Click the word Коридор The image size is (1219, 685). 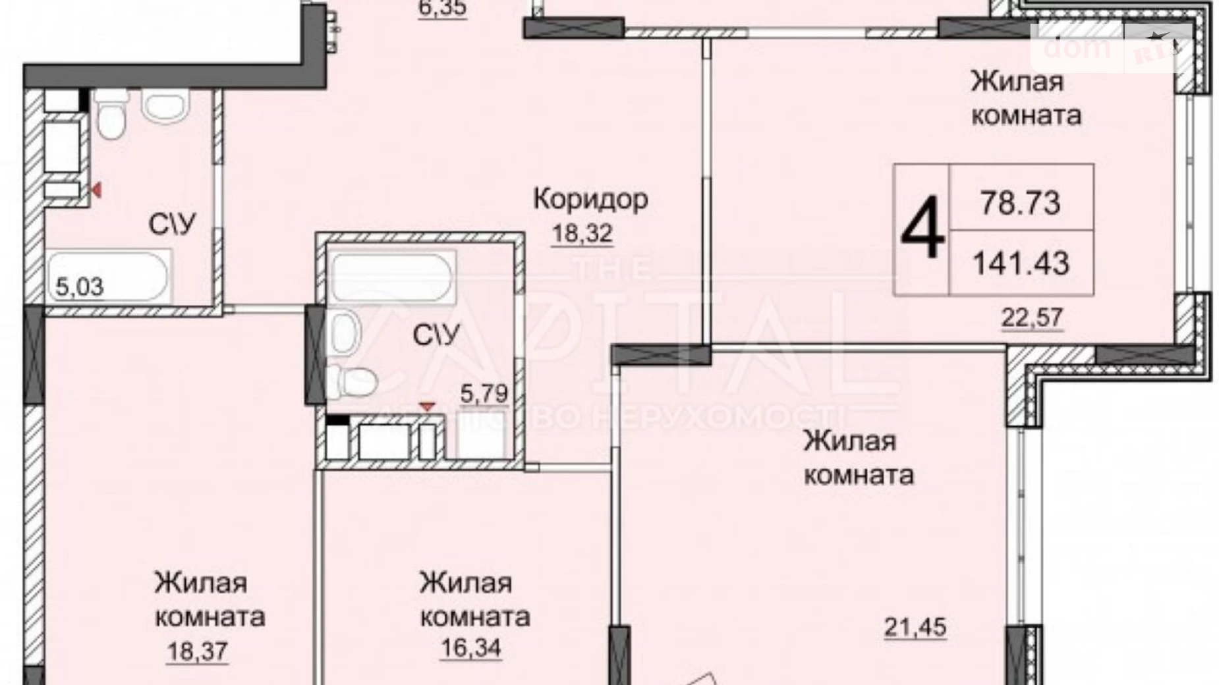coord(590,199)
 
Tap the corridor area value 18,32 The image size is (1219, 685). coord(582,233)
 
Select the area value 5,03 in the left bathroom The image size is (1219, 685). coord(79,287)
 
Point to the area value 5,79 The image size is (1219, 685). coord(484,394)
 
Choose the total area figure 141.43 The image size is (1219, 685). coord(1021,264)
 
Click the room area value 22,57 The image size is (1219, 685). coord(1033,317)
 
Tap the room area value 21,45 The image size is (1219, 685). coord(915,627)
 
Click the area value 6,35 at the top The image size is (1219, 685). coord(442,9)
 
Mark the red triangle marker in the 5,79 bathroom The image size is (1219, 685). coord(428,408)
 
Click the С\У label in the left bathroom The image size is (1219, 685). coord(173,225)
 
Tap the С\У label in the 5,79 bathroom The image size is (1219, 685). coord(436,335)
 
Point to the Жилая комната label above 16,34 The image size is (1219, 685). coord(474,599)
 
